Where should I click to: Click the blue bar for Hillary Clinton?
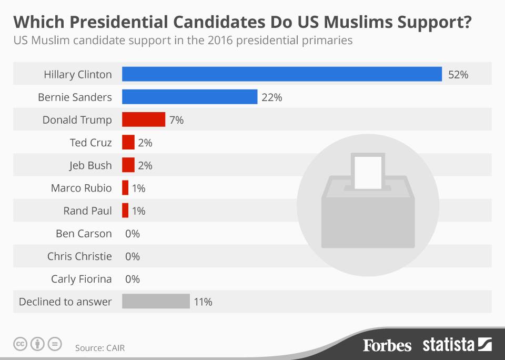(281, 74)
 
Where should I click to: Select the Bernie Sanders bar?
(189, 97)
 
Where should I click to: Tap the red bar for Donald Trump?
(143, 119)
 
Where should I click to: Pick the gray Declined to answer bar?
(156, 302)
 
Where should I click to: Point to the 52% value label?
(458, 75)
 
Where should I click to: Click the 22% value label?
(271, 97)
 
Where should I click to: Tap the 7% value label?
(176, 120)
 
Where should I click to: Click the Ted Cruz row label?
(90, 143)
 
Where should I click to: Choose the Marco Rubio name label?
(81, 188)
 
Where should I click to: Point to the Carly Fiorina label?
(81, 279)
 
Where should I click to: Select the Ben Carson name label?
(84, 234)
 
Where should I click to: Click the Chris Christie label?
(79, 256)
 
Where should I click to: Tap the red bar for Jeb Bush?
(128, 165)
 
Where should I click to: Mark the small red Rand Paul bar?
(125, 211)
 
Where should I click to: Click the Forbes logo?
(387, 345)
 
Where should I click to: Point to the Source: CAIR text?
(100, 348)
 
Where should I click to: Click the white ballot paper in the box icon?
(368, 171)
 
